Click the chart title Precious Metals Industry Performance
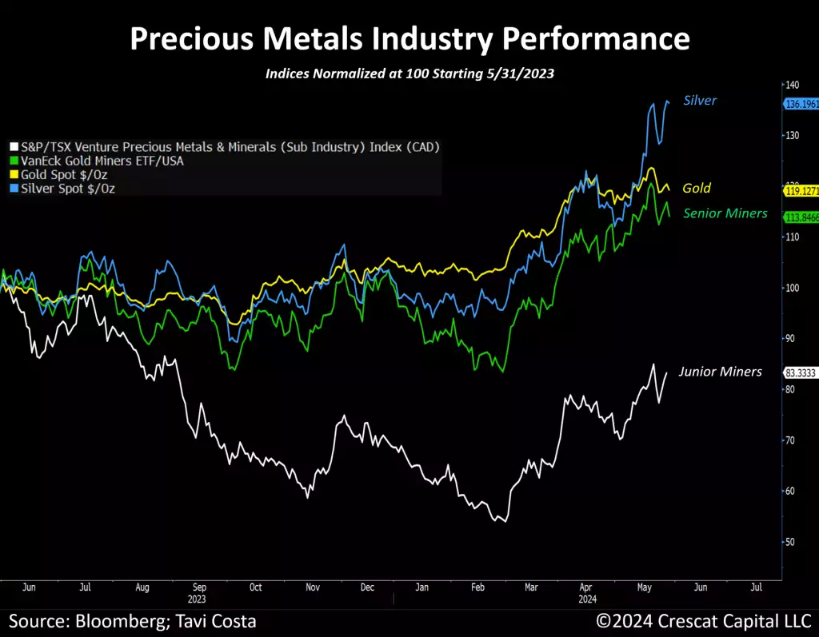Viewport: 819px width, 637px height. tap(409, 38)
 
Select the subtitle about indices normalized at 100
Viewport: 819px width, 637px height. tap(409, 74)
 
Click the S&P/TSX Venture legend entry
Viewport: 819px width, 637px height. tap(225, 147)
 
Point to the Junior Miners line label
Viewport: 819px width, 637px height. tap(720, 372)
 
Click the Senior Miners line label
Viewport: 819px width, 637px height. tap(725, 213)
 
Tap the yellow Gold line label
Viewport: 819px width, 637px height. tap(697, 189)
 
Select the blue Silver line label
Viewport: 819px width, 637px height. tap(700, 101)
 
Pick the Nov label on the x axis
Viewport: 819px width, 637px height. tap(312, 587)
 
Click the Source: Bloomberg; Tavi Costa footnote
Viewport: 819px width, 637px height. tap(133, 621)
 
